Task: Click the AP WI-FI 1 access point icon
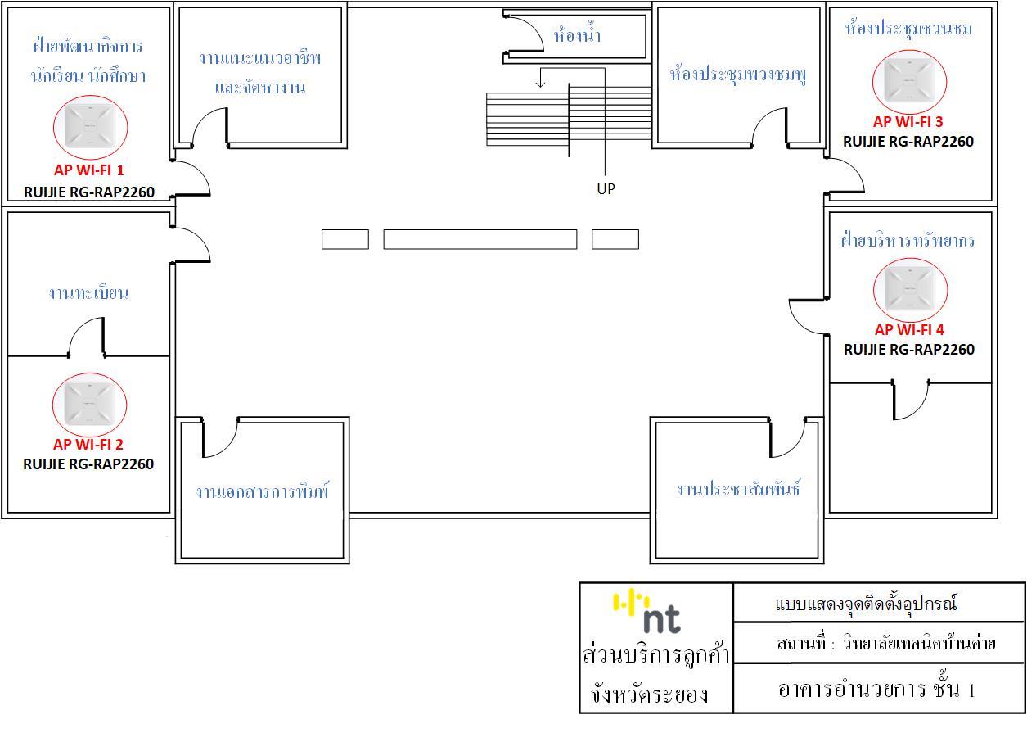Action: pos(90,125)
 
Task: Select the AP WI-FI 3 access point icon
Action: pos(909,79)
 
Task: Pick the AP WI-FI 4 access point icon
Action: pos(910,289)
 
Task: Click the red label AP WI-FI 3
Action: pos(908,122)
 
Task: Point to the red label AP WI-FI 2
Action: pos(88,445)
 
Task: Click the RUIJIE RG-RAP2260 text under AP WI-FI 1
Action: pos(89,193)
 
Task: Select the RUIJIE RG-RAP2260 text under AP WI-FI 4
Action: pos(908,350)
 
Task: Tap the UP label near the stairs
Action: pos(606,189)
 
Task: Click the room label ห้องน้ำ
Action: pos(578,37)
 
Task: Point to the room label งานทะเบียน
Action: pos(88,293)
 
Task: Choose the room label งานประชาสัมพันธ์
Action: pos(738,490)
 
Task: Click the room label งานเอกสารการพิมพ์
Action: pos(262,492)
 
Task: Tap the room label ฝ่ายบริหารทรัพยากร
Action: pos(908,241)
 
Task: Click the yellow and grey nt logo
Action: pos(648,613)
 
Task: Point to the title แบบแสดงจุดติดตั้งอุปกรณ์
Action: pos(865,605)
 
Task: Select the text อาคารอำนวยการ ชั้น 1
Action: pos(876,690)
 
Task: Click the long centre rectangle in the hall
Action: pos(480,239)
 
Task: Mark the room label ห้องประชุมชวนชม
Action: pos(908,29)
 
